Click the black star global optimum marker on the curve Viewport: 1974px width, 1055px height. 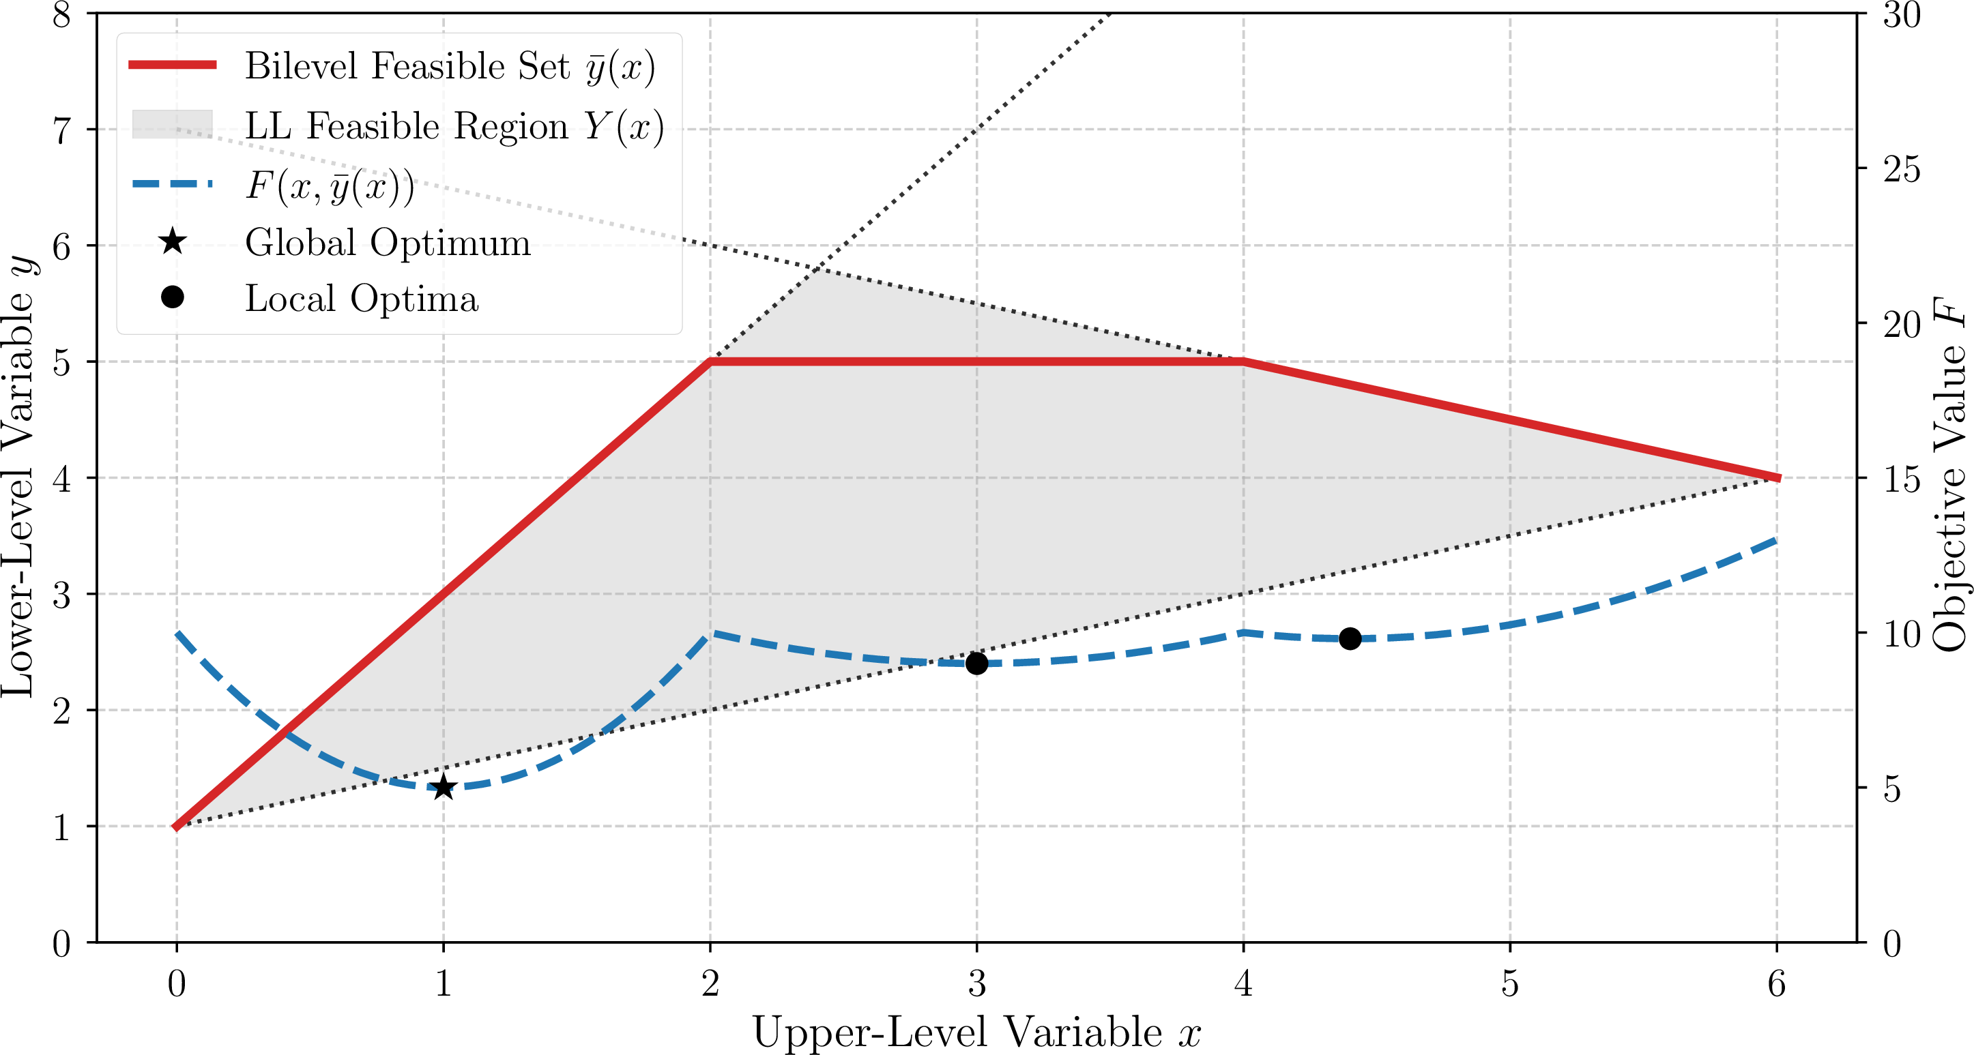[443, 787]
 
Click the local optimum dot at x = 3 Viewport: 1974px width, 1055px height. [976, 663]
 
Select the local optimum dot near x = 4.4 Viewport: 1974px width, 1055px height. [1350, 638]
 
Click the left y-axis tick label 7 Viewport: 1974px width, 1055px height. [62, 130]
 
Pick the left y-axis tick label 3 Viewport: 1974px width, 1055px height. [62, 595]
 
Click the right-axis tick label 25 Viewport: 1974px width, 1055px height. [1901, 169]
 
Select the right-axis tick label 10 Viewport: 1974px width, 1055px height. [1901, 634]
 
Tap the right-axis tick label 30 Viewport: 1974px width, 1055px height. [1901, 14]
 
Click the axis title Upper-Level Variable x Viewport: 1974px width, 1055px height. [976, 1031]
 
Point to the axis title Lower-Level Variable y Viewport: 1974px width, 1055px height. [20, 477]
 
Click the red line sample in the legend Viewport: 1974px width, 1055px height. [173, 65]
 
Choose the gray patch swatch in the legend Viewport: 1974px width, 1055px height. [173, 125]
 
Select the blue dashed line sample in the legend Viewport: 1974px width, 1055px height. [173, 184]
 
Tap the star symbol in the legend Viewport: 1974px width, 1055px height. [173, 242]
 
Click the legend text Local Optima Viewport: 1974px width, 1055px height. [362, 298]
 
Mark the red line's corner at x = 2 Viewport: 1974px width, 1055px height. [710, 361]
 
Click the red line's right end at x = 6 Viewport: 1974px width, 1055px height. [1775, 477]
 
